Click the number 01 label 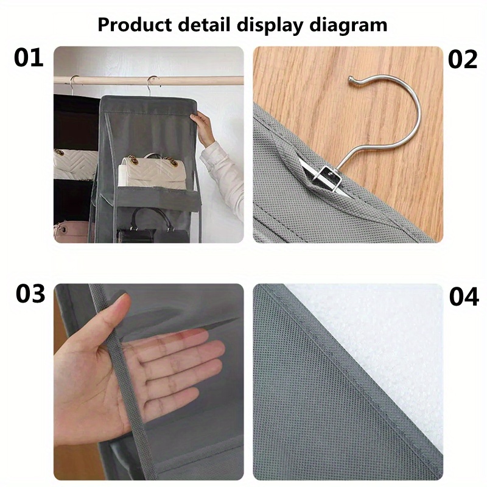(29, 58)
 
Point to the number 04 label (464, 297)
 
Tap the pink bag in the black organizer (72, 231)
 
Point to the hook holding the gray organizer (152, 85)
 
